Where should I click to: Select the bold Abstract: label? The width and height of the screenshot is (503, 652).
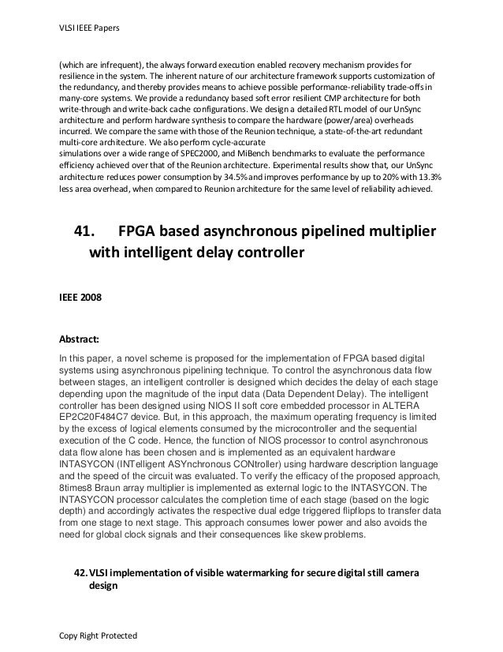click(76, 341)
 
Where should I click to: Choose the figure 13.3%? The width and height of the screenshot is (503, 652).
click(427, 180)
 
